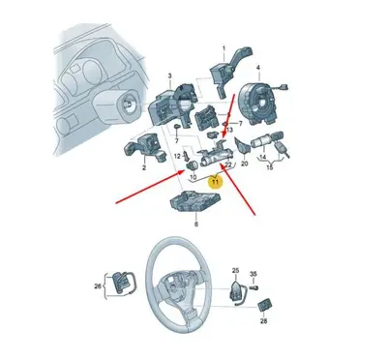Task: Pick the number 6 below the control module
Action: click(x=196, y=225)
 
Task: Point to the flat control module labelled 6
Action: click(x=197, y=201)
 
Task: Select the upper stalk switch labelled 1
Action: click(x=221, y=73)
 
